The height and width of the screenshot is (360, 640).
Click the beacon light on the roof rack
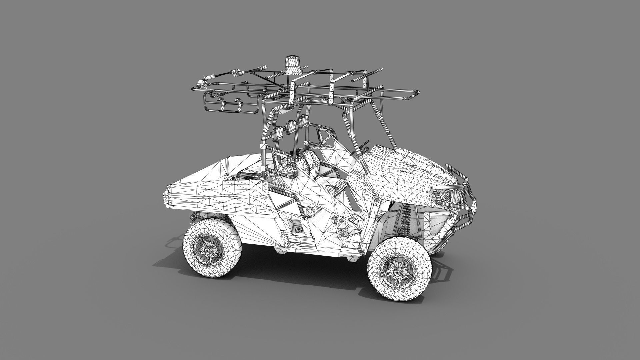(x=292, y=65)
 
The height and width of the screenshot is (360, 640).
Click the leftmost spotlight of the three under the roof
(x=278, y=133)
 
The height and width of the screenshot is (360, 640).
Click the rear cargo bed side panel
(x=217, y=197)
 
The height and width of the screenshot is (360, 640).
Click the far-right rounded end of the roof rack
(x=417, y=94)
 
